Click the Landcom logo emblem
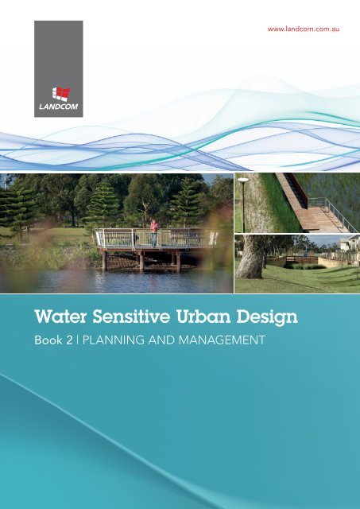(x=58, y=93)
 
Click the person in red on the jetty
(x=154, y=231)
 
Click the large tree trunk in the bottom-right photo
(x=254, y=258)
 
